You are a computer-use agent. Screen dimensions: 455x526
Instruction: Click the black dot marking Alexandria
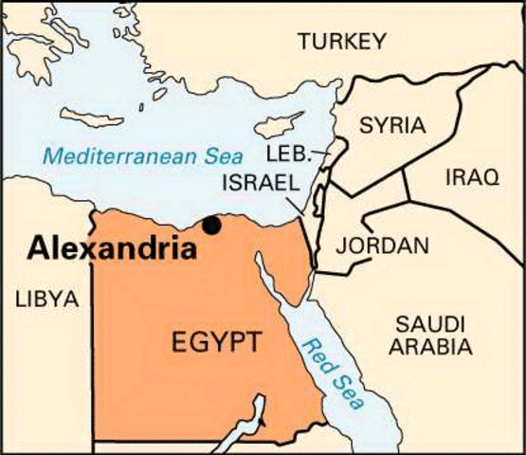(212, 226)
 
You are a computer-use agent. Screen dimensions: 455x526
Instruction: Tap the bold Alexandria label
(112, 249)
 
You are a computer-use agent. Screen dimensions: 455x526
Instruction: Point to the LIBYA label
(45, 300)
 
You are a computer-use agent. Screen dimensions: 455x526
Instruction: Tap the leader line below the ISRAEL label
(299, 202)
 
